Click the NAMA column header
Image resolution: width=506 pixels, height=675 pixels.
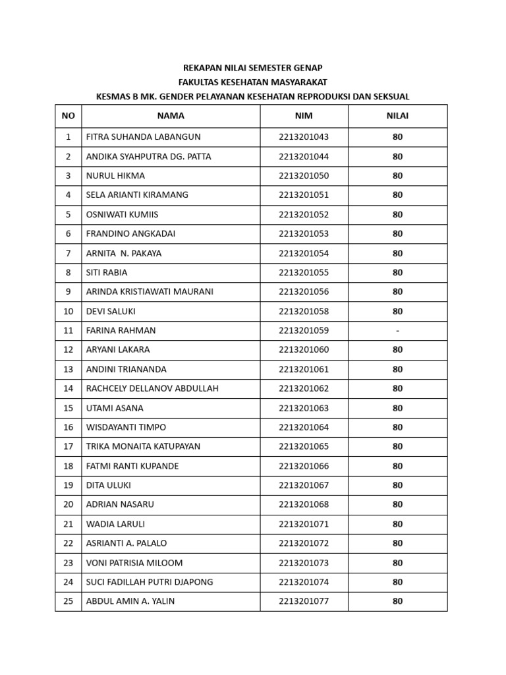(x=171, y=116)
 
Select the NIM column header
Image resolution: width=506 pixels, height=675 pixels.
(x=304, y=116)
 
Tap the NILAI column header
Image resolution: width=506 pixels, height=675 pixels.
(x=397, y=116)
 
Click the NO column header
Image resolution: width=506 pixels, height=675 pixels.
(x=68, y=116)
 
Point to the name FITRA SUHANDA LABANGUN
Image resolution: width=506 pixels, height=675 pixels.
(x=143, y=137)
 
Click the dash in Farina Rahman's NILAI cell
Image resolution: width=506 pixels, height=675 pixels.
(x=397, y=331)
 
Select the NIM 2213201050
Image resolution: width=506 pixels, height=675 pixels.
(x=304, y=176)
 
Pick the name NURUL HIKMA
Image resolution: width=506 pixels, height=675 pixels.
(x=115, y=176)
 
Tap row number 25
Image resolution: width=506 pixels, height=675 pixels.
(x=68, y=601)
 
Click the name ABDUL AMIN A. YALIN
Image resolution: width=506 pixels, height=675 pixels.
(x=130, y=601)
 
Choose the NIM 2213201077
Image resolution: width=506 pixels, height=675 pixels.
(x=304, y=601)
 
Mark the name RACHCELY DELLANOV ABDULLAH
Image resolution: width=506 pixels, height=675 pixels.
(x=152, y=389)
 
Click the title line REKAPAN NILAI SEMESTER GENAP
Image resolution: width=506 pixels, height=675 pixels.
(x=252, y=68)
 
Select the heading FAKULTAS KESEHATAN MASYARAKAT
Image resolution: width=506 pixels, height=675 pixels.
(x=252, y=82)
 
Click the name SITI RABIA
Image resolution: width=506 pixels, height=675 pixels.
(x=107, y=272)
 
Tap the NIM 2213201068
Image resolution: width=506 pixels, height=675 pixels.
(x=304, y=505)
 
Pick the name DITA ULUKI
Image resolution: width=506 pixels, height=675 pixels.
(x=109, y=485)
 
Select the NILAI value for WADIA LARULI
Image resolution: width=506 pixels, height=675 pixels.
(x=397, y=524)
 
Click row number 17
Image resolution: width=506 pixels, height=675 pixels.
(x=68, y=447)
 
